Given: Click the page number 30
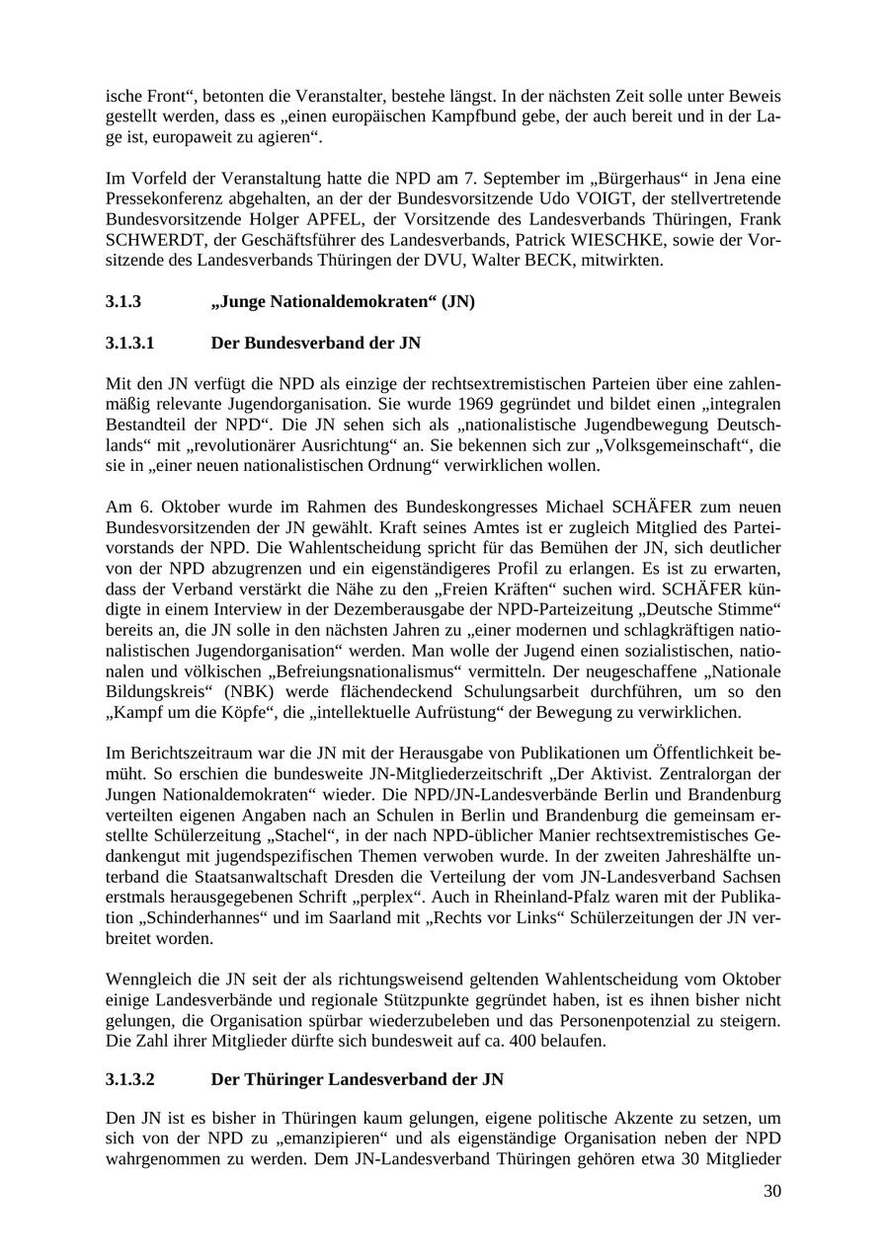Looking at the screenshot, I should pos(771,1192).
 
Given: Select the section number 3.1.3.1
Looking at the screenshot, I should pos(131,344).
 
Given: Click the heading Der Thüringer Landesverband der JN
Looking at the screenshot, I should pos(358,1080).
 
